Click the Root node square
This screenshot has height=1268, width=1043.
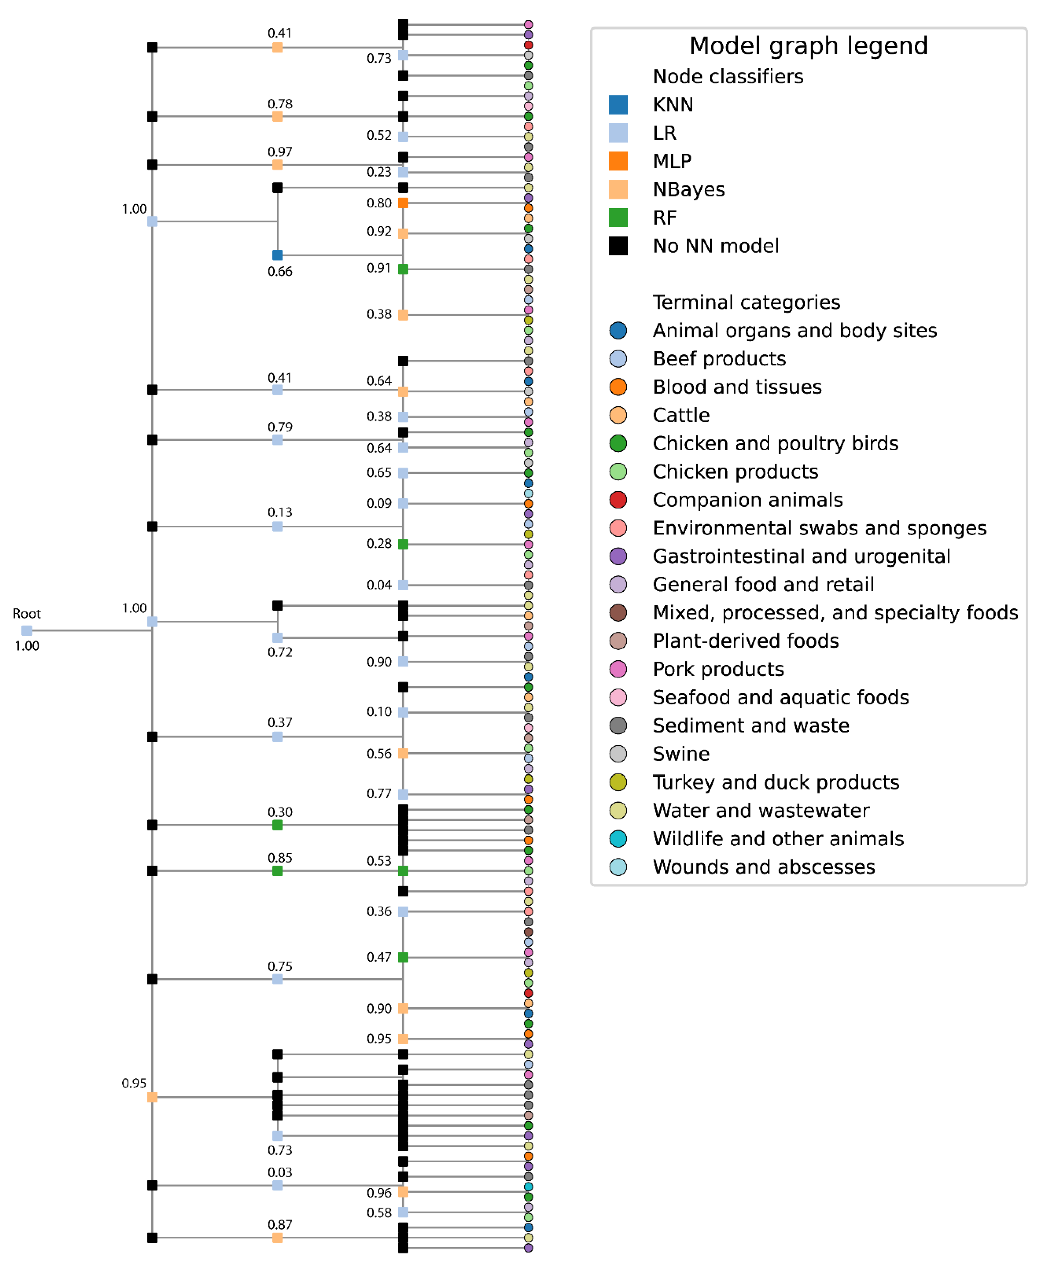(x=26, y=630)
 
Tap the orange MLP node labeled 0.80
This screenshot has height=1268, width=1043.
(x=403, y=203)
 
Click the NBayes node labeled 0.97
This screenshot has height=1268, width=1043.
(x=277, y=164)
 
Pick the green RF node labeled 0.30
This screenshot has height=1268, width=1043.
(x=277, y=825)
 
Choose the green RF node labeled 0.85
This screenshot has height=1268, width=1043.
(x=277, y=870)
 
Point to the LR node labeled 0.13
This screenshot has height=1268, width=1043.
(x=277, y=526)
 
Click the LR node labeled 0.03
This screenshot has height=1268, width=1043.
(x=277, y=1185)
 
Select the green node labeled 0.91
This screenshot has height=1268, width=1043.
(x=403, y=269)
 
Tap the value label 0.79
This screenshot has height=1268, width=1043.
(x=280, y=427)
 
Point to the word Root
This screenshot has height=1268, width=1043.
(x=27, y=614)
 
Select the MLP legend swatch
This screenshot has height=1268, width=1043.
(x=618, y=161)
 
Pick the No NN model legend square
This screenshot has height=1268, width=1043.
(x=618, y=246)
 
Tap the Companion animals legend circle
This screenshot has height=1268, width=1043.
(x=618, y=500)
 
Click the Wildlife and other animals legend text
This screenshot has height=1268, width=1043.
(x=778, y=839)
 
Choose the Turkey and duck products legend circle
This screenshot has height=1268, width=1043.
(x=618, y=782)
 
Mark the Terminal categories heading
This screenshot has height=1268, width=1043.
(x=746, y=302)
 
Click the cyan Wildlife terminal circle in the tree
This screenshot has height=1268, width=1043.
(x=528, y=1186)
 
